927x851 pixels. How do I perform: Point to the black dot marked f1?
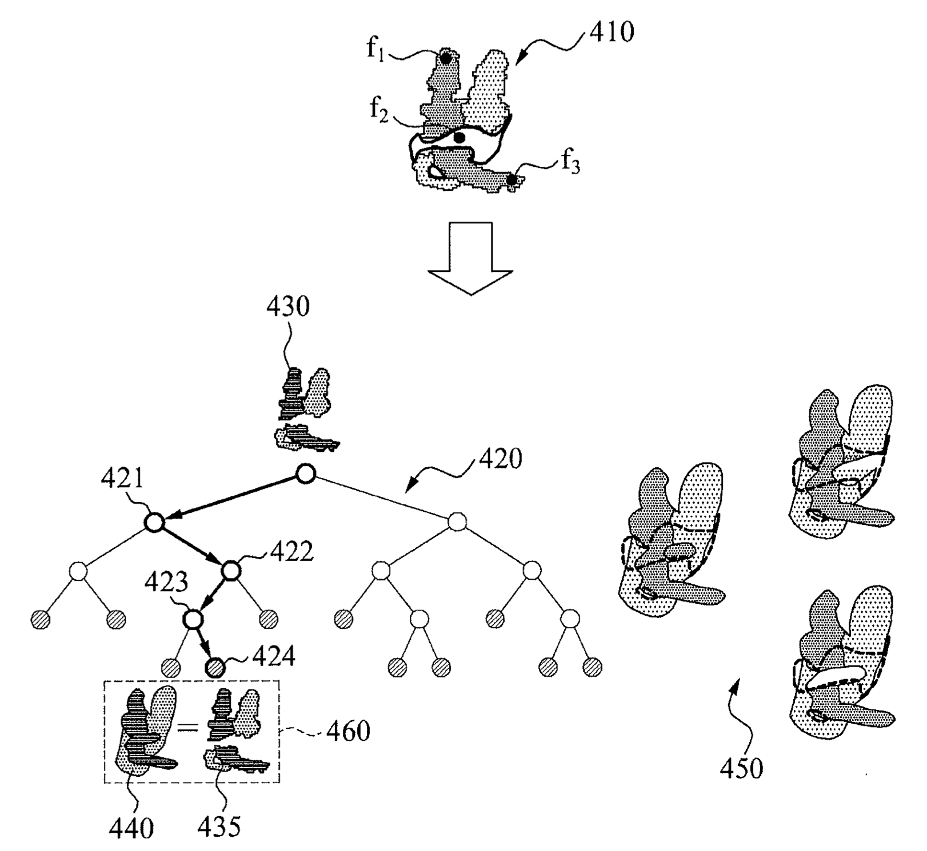446,58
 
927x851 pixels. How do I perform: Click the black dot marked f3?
512,180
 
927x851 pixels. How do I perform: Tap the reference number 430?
289,307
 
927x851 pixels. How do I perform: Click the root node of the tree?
306,473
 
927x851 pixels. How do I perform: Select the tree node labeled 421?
154,522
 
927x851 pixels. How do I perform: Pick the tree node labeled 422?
230,570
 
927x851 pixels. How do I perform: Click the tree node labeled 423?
193,618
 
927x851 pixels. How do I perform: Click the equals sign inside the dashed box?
188,727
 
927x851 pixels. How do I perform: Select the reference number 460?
348,731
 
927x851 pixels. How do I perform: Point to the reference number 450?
741,768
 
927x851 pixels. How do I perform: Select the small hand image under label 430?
304,409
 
